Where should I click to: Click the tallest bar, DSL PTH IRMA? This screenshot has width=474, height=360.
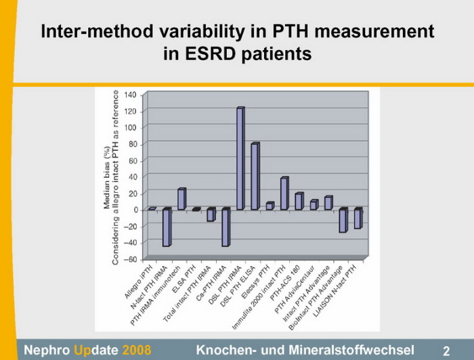[x=240, y=159]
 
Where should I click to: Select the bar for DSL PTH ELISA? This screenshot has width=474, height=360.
[x=255, y=177]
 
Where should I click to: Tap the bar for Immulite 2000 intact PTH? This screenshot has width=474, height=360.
[x=284, y=194]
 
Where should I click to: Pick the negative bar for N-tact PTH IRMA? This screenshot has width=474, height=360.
[x=167, y=227]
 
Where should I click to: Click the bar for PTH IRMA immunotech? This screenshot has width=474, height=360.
[x=181, y=199]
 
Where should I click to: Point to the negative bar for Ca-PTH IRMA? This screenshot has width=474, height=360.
[x=225, y=227]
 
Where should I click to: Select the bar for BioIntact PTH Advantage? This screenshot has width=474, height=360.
[x=343, y=220]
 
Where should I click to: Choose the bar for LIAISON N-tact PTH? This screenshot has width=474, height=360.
[x=358, y=219]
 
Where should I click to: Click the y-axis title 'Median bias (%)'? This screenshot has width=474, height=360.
[x=108, y=180]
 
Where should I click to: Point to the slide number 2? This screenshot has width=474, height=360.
[x=446, y=350]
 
